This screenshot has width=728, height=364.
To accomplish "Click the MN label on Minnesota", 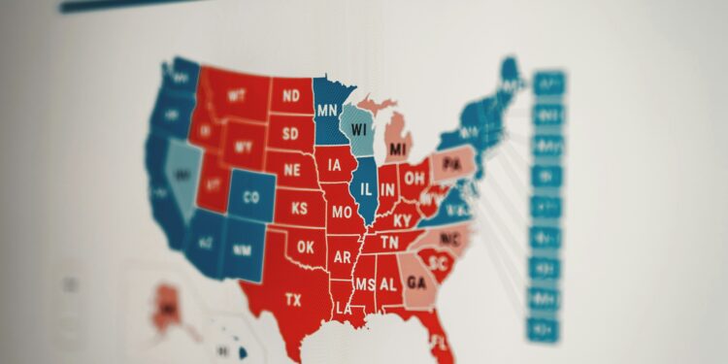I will coord(327,110).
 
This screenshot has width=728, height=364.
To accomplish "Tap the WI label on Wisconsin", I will coord(359,129).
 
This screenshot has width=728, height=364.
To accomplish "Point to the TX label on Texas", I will coord(292,300).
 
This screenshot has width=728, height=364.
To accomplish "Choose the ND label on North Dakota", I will coord(290,96).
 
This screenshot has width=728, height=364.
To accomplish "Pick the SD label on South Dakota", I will coord(290,133).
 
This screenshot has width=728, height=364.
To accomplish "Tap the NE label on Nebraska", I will coord(292,168).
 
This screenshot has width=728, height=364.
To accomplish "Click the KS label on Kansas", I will coord(300,208).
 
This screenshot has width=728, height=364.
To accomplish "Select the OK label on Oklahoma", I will coord(307,248).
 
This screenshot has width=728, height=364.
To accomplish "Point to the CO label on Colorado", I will coord(251,198).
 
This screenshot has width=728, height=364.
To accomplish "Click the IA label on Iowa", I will coord(335,165).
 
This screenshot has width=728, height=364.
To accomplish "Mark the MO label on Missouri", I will coord(342,213).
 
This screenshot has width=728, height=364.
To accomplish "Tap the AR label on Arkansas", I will coord(342,258).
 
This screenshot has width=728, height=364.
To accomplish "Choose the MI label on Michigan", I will coord(397,149).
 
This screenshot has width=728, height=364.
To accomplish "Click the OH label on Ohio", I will coord(414,178).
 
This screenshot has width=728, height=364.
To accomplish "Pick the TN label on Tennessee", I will coord(388,243).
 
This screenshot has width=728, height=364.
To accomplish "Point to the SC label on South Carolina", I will coord(438,263).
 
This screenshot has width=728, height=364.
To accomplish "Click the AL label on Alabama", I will coord(388,283).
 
